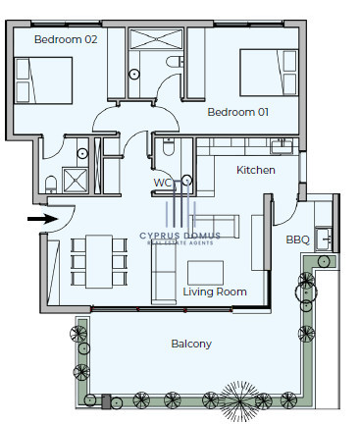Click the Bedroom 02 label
66,39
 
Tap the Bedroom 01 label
238,112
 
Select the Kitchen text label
256,170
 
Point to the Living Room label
215,292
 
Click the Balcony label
191,344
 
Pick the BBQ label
297,239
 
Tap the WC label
163,183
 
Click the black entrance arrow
42,219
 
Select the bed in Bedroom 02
43,80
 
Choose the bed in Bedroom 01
269,73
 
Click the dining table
99,262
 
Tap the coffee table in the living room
206,273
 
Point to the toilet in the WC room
169,147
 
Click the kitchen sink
282,146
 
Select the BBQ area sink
324,239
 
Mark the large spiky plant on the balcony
239,401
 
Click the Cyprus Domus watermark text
180,236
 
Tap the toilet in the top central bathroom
175,62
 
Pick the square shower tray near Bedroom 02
76,181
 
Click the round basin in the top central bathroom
134,75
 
